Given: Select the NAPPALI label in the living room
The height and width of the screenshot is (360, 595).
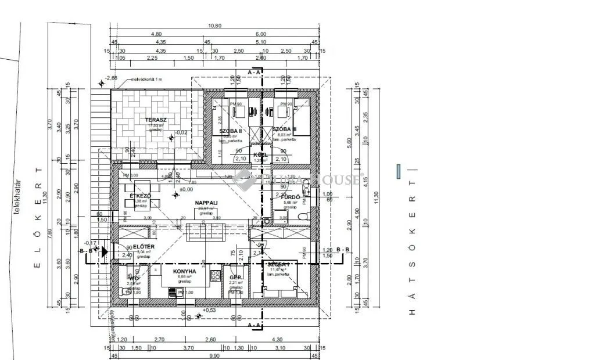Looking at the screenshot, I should point(206,203).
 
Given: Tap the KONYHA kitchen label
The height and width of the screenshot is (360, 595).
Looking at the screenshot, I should point(184,271).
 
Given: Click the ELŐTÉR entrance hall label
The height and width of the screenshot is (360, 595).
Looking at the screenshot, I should point(143,247).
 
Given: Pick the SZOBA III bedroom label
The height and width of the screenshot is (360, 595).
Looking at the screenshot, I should point(285,129).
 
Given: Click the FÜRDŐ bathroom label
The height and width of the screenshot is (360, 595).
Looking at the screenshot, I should point(290,197).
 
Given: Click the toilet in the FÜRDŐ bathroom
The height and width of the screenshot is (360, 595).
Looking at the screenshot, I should point(301,216).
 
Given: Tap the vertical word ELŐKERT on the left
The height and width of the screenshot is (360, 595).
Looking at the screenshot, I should point(38,218).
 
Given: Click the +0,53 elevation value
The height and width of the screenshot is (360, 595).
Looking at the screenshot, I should point(210,310).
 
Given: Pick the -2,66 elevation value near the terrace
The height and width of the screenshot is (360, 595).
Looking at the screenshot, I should point(111,78).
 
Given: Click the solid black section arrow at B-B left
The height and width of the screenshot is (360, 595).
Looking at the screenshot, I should point(104,251).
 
